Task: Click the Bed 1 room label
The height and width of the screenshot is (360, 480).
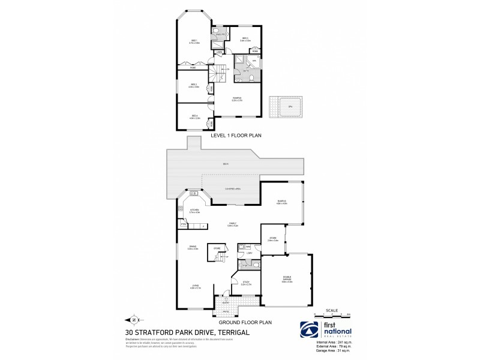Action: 194,41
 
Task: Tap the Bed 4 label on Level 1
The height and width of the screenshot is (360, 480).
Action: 194,116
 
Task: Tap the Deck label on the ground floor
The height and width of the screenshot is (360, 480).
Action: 226,163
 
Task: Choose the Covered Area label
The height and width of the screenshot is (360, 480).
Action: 233,189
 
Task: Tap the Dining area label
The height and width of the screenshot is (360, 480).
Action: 193,247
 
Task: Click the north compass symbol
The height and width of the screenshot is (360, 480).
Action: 133,319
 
